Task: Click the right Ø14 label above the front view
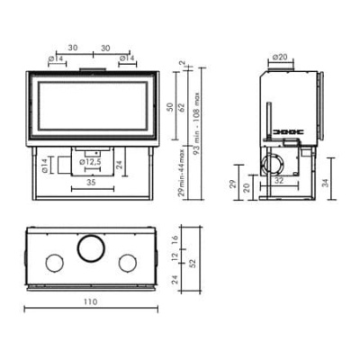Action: coord(128,58)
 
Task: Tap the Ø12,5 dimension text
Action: coord(91,162)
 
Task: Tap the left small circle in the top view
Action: coord(53,263)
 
